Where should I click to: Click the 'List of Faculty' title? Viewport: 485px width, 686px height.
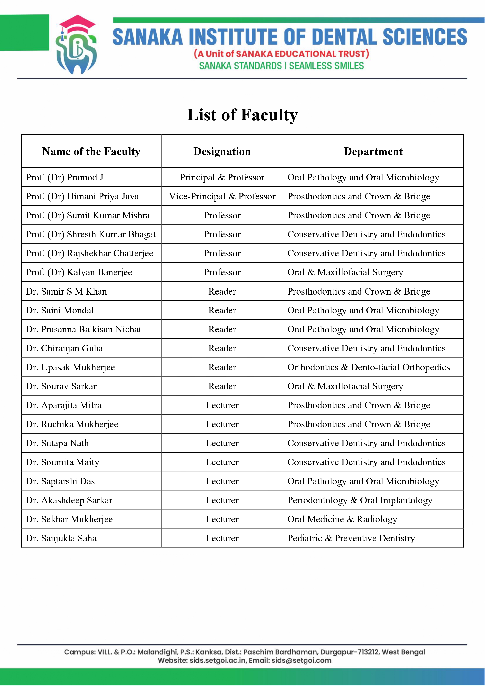tap(242, 115)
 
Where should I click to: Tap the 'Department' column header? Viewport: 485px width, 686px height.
tap(373, 152)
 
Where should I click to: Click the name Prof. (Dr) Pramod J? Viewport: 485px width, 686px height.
tap(65, 178)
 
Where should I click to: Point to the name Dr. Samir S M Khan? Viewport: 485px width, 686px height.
tap(66, 291)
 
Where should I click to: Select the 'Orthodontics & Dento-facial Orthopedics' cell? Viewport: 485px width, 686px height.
tap(368, 367)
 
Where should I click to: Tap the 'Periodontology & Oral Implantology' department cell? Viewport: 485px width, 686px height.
tap(360, 500)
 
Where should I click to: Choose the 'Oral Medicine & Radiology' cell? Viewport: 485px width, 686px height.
tap(342, 519)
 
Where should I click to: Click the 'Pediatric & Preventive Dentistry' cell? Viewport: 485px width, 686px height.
tap(351, 538)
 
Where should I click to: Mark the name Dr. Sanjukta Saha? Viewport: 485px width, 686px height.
tap(61, 538)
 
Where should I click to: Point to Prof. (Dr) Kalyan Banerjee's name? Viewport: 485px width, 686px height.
tap(79, 272)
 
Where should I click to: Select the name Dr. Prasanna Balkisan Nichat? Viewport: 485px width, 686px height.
tap(84, 329)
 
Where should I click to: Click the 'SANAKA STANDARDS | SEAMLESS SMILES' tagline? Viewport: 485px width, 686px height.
tap(281, 66)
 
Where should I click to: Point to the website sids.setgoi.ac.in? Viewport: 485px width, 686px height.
tap(217, 660)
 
